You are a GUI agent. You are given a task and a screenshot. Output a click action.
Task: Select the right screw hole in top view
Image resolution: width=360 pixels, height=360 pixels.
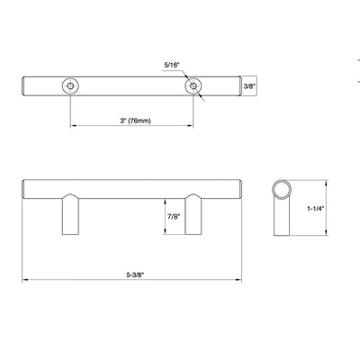[x=193, y=85]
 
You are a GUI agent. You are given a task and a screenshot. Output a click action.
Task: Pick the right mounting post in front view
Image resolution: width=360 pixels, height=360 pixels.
[x=193, y=216]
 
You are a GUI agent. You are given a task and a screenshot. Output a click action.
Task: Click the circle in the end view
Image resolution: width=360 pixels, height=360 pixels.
[x=281, y=192]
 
